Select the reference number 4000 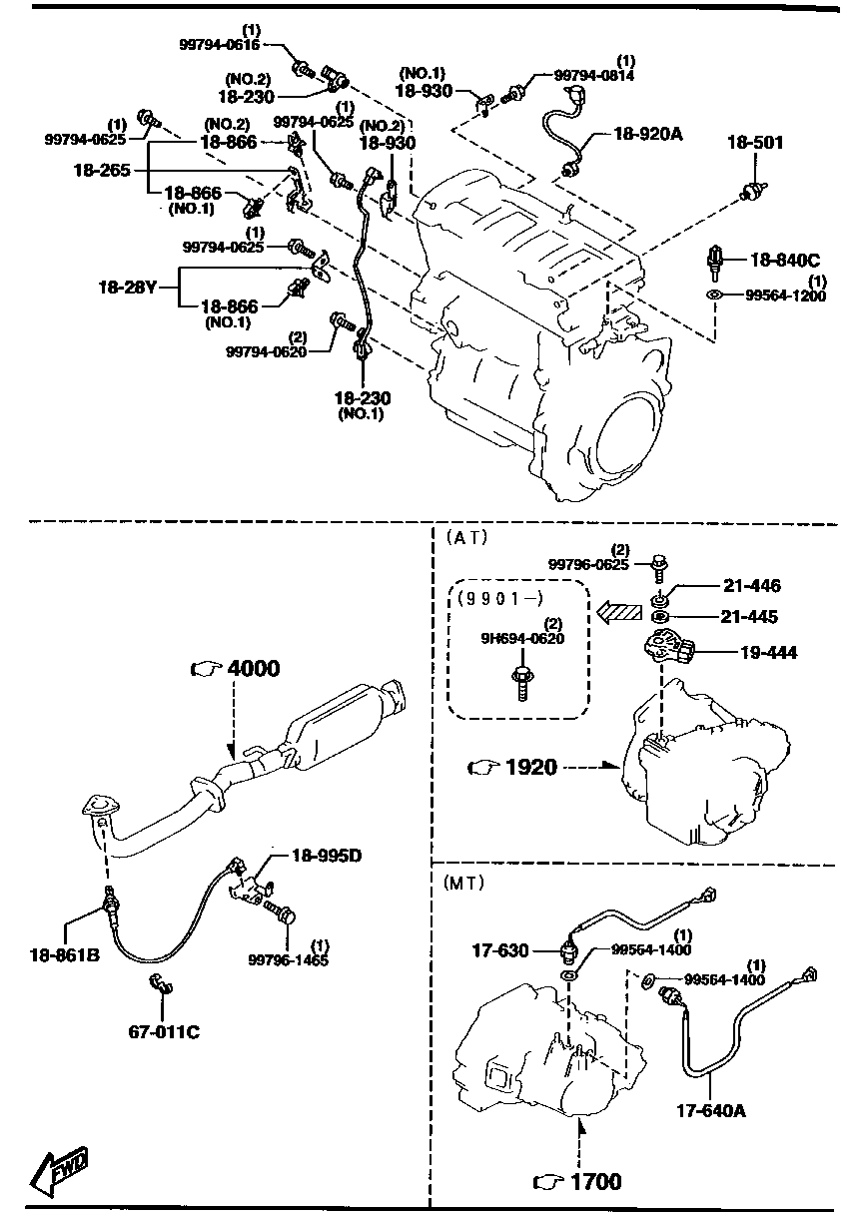click(253, 669)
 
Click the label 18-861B click(63, 955)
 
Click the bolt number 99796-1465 click(288, 960)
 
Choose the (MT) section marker click(464, 883)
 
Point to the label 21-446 click(753, 586)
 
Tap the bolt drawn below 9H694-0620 click(519, 683)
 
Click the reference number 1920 click(530, 767)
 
